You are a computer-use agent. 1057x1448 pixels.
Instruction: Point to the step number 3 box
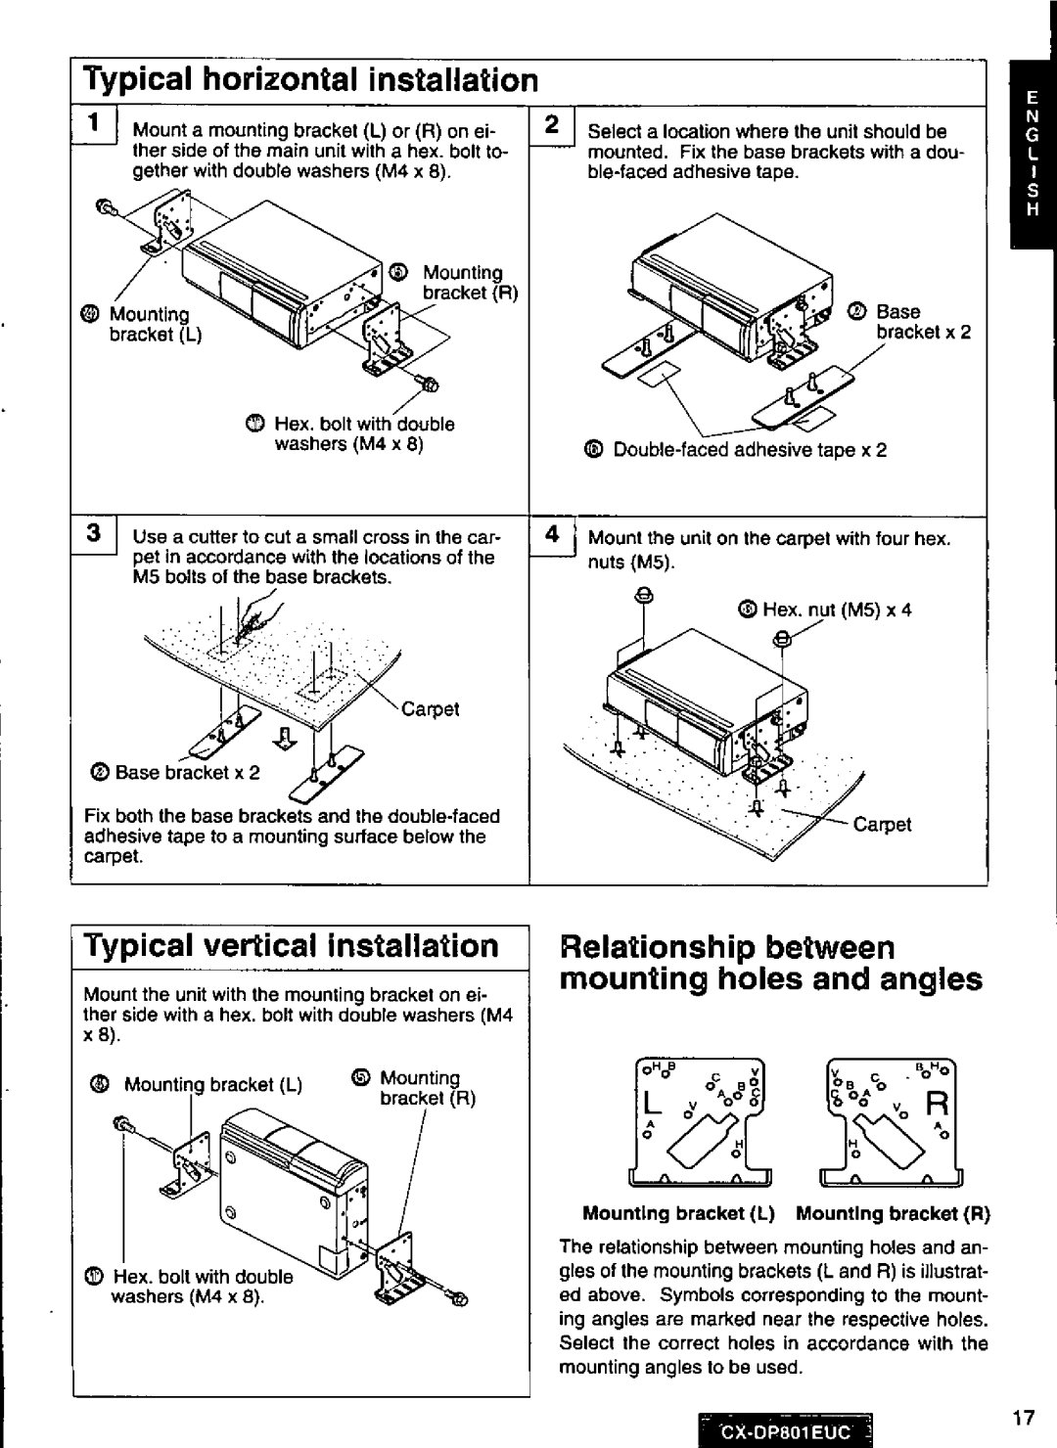95,535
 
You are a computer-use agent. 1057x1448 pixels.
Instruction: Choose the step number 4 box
552,535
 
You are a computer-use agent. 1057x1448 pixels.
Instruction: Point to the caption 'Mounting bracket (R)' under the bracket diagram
893,1214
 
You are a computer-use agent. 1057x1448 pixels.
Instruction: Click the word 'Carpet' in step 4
882,825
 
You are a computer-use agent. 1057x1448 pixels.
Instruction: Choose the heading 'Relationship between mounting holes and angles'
770,964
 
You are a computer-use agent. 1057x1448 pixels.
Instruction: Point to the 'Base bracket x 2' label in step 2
920,322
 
